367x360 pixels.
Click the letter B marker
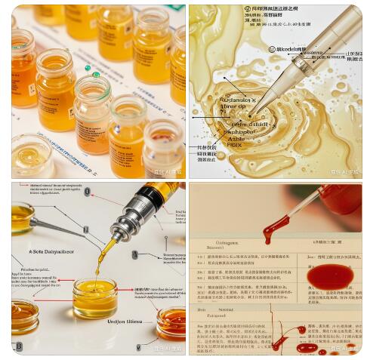(x=18, y=346)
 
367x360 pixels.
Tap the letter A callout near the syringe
(x=135, y=255)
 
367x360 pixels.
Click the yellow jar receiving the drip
(x=95, y=297)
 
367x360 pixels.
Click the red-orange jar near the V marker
(x=171, y=322)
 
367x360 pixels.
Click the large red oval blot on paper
(x=330, y=277)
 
